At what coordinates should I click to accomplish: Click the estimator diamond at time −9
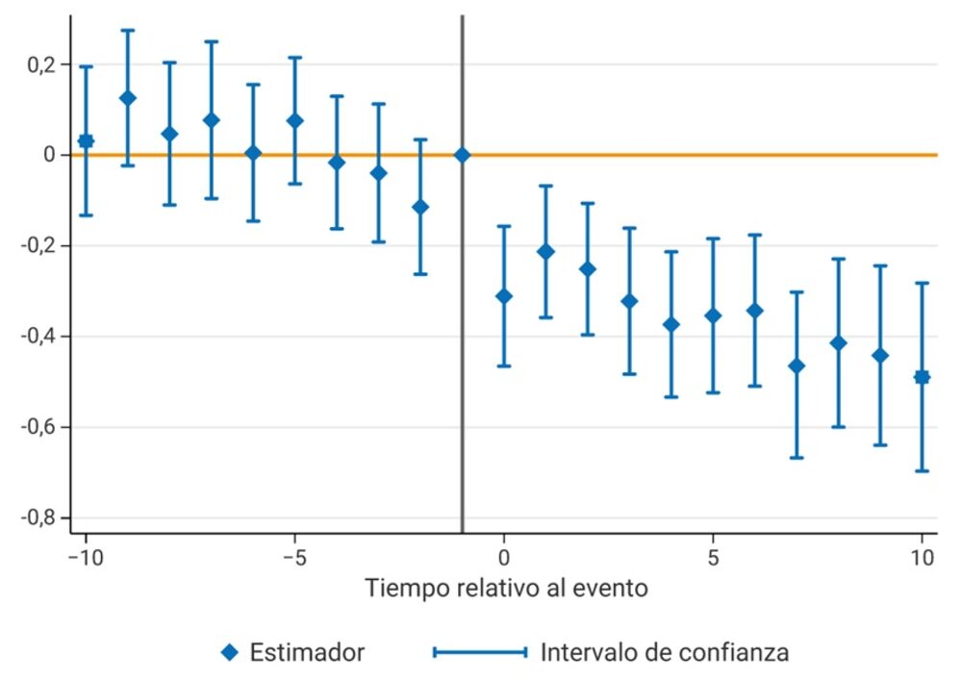tap(127, 98)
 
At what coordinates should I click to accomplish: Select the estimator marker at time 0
tap(503, 295)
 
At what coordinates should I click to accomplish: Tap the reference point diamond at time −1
tap(462, 155)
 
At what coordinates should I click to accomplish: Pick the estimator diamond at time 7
tap(796, 365)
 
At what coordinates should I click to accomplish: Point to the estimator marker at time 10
tap(922, 376)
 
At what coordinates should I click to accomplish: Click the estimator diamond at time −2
tap(420, 207)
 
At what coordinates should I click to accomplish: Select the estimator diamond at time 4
tap(671, 324)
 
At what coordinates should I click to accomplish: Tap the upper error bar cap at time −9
tap(127, 30)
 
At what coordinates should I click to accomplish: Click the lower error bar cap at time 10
tap(922, 470)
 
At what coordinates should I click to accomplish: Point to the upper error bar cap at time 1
tap(545, 186)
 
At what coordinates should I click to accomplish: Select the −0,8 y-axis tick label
tap(39, 518)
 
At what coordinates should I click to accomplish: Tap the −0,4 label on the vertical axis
tap(39, 337)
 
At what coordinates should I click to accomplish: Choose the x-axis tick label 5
tap(713, 557)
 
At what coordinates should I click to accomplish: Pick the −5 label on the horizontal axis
tap(294, 557)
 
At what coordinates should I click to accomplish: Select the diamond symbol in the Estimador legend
tap(229, 652)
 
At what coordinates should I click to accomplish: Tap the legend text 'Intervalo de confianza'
tap(664, 652)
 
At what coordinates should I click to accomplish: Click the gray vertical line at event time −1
tap(462, 385)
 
